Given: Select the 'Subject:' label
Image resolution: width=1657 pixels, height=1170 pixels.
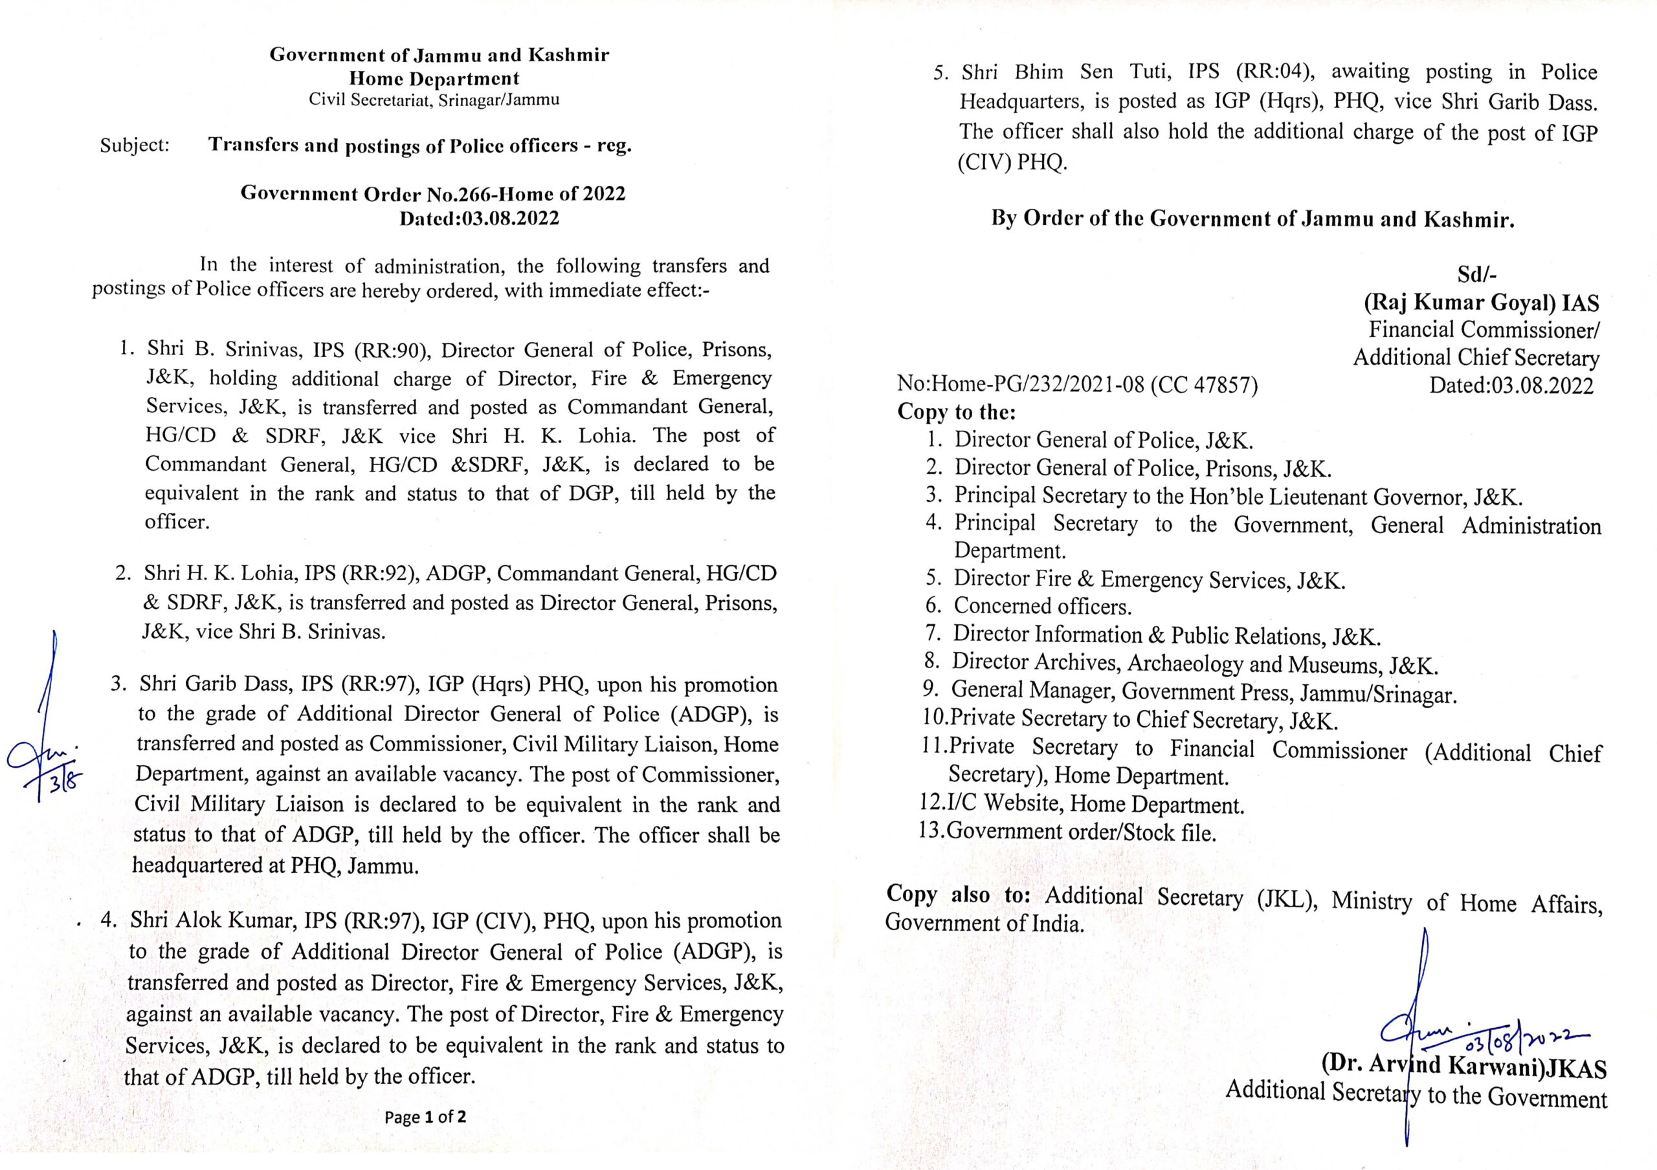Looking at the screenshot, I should (x=135, y=145).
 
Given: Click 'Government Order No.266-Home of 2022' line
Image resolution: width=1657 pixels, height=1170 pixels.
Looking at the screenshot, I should (x=433, y=193).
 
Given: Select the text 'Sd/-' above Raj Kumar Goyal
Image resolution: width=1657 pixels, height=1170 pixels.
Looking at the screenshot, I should (x=1476, y=274).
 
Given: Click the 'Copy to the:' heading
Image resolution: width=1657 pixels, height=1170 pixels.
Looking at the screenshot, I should (x=956, y=412).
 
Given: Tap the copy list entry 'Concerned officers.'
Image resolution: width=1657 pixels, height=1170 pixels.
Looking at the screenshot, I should (x=1042, y=606).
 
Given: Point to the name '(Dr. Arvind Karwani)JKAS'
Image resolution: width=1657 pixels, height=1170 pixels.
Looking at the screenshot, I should (x=1463, y=1065).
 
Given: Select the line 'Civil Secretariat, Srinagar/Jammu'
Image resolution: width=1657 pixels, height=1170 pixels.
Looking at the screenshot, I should (x=434, y=100).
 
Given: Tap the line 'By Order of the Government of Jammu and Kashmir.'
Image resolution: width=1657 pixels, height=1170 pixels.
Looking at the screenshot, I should (x=1252, y=219).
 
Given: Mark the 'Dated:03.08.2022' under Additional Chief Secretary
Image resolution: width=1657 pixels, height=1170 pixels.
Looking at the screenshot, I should (x=1511, y=385).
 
